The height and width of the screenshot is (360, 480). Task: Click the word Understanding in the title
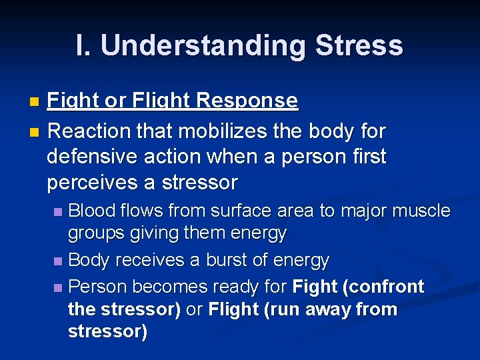pyautogui.click(x=203, y=46)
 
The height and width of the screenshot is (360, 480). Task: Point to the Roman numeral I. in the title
pyautogui.click(x=84, y=45)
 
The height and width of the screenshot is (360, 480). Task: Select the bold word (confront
pyautogui.click(x=382, y=287)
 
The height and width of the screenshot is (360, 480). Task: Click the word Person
pyautogui.click(x=98, y=287)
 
